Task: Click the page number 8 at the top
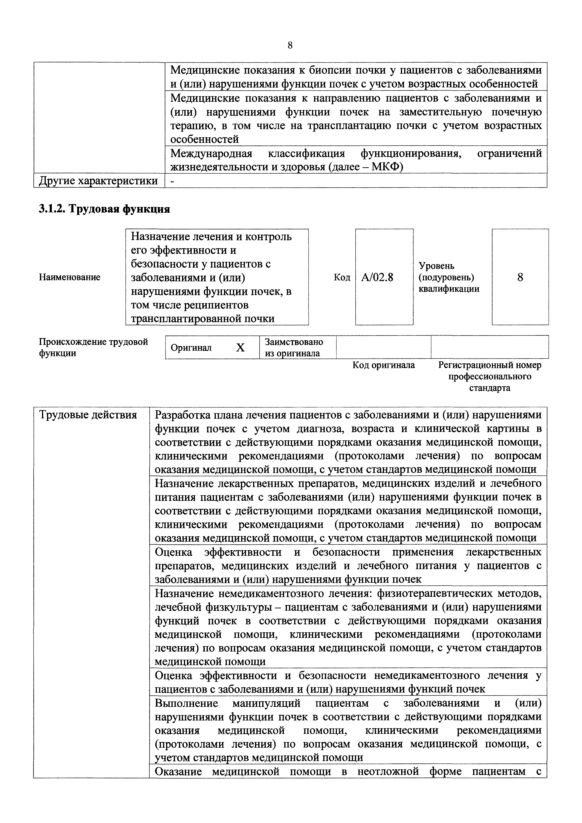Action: click(290, 45)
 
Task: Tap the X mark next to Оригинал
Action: click(240, 347)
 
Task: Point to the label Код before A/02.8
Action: click(342, 278)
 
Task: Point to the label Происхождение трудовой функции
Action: click(93, 347)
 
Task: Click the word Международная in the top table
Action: click(211, 153)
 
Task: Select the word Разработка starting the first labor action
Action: click(182, 415)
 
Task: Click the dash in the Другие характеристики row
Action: click(172, 181)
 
